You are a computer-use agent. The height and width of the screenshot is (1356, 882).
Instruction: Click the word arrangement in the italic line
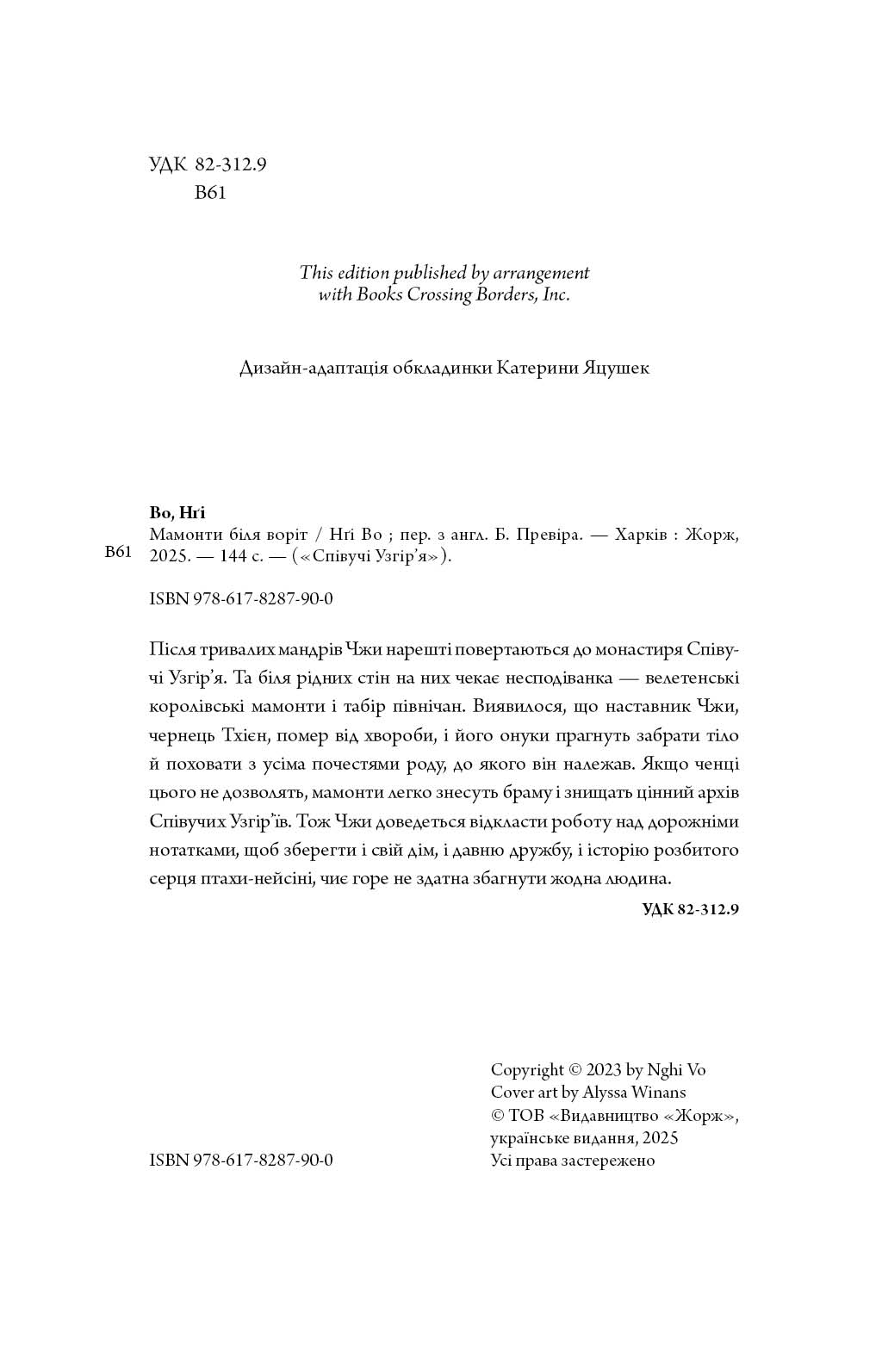tap(542, 273)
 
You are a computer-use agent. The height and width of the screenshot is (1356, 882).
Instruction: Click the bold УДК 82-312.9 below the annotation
tap(691, 909)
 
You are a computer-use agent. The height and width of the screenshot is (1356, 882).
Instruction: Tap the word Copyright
tap(527, 1070)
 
